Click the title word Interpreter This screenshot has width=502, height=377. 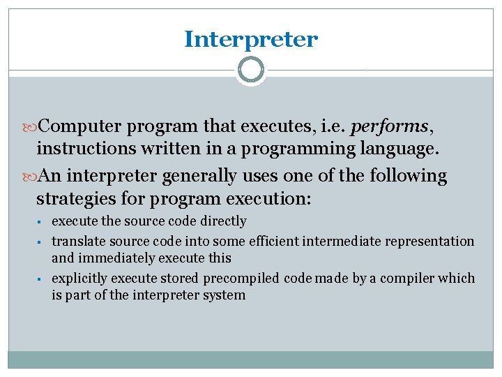250,40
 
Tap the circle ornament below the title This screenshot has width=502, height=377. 251,70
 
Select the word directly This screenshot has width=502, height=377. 222,221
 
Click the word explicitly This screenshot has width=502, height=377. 78,279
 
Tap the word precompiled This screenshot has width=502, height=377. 242,279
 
